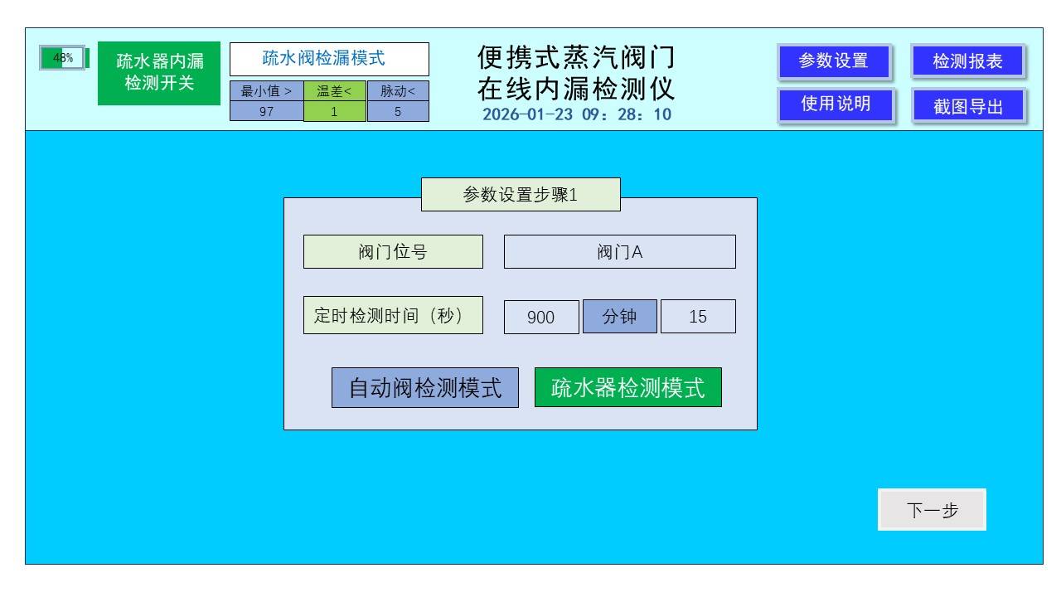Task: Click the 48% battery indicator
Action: click(x=63, y=60)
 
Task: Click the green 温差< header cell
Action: click(x=335, y=90)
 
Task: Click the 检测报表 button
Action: click(x=967, y=61)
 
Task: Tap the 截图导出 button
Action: click(x=967, y=106)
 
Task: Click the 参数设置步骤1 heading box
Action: click(x=521, y=195)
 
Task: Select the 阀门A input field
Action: click(x=619, y=252)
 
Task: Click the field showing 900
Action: click(x=541, y=317)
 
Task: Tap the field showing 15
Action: click(x=698, y=317)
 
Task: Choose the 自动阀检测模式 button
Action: click(x=425, y=388)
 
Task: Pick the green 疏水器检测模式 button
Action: click(x=627, y=388)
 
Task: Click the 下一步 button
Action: click(x=933, y=511)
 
